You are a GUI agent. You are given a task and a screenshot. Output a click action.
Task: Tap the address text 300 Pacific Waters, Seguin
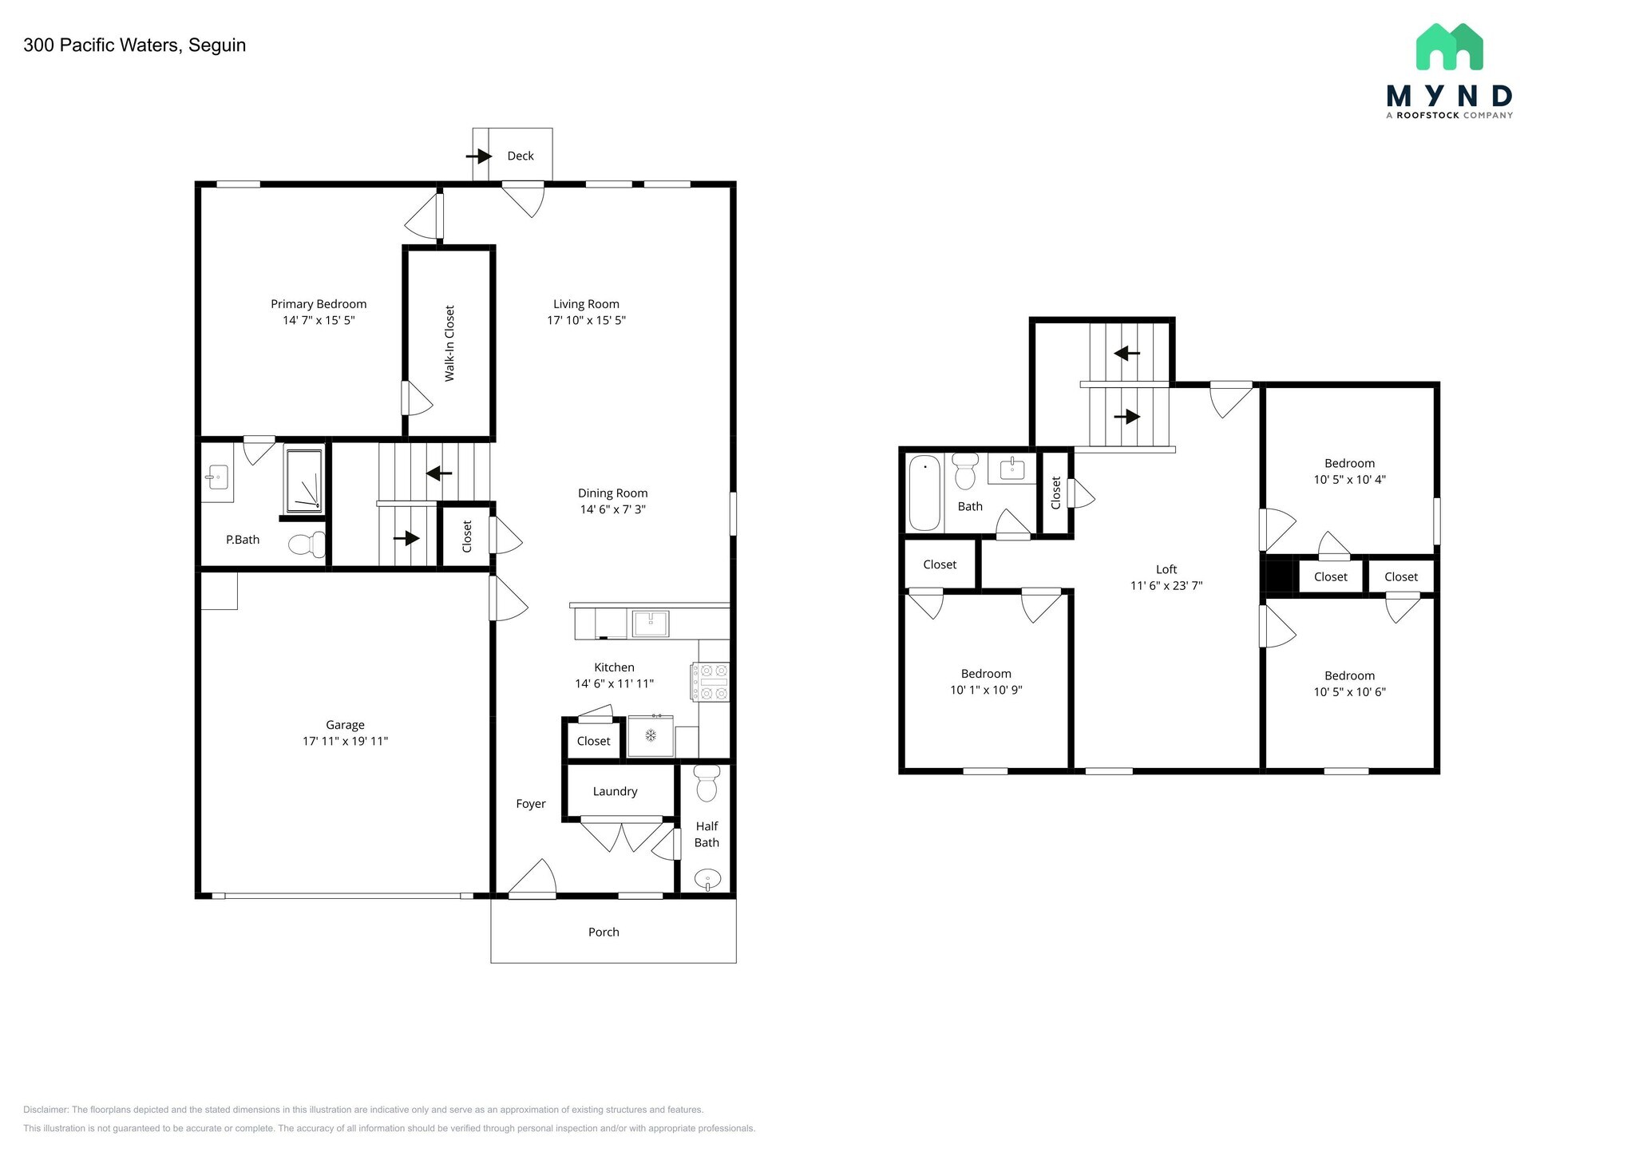coord(134,46)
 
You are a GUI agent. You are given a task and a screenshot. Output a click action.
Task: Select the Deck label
coord(521,156)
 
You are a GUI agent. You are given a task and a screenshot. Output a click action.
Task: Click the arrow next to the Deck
coord(480,156)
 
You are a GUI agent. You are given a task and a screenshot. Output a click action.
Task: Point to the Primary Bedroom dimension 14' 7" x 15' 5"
coord(319,320)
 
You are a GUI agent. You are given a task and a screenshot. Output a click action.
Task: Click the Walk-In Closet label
coord(449,343)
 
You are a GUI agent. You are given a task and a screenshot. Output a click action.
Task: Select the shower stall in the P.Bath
coord(304,481)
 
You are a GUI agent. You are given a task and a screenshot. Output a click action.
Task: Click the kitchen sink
coord(651,624)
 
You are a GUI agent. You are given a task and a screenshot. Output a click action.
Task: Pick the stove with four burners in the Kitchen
coord(711,682)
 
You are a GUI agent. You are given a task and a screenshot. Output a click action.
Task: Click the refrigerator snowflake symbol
coord(651,734)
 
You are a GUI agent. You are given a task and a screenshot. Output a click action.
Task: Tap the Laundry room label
coord(615,791)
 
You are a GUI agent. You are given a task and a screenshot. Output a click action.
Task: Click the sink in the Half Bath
coord(707,880)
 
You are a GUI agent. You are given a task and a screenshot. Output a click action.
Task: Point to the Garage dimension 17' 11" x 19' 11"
coord(345,741)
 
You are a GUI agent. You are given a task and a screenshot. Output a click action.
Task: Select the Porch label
coord(604,932)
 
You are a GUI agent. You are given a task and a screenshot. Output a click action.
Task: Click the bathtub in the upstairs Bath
coord(924,492)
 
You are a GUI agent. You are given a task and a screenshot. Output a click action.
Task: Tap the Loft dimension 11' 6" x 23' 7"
coord(1166,585)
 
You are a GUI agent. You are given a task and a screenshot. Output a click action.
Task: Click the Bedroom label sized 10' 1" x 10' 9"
coord(986,674)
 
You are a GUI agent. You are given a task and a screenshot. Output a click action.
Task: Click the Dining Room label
coord(612,493)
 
